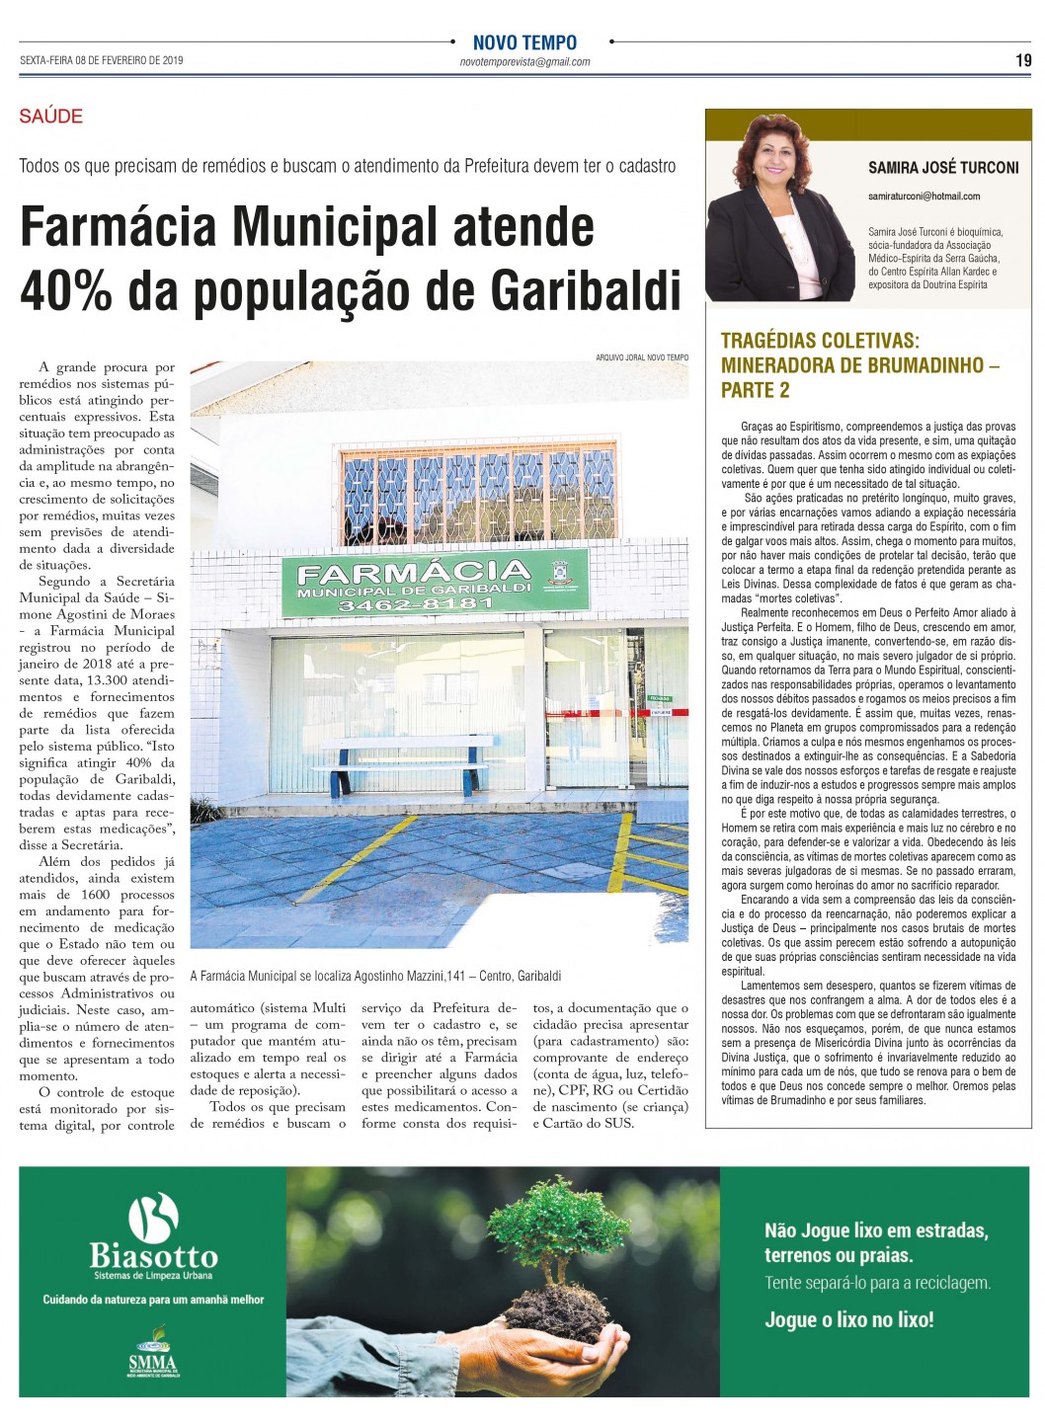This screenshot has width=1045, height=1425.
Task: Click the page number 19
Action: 1023,60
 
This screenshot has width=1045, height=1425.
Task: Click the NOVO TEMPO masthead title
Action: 524,42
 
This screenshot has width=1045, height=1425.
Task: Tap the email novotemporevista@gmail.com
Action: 524,61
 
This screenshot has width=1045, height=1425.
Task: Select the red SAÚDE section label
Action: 51,117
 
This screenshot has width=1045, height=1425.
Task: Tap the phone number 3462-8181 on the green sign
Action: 415,603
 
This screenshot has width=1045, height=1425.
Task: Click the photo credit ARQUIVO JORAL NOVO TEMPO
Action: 642,357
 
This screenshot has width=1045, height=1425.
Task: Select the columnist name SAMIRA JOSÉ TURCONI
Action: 943,168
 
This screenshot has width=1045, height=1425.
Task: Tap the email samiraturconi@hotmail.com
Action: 924,197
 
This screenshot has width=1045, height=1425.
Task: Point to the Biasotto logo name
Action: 153,1256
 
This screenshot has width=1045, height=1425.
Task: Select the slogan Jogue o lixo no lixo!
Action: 848,1319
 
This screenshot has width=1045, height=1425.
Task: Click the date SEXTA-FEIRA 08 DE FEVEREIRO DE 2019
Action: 102,60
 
